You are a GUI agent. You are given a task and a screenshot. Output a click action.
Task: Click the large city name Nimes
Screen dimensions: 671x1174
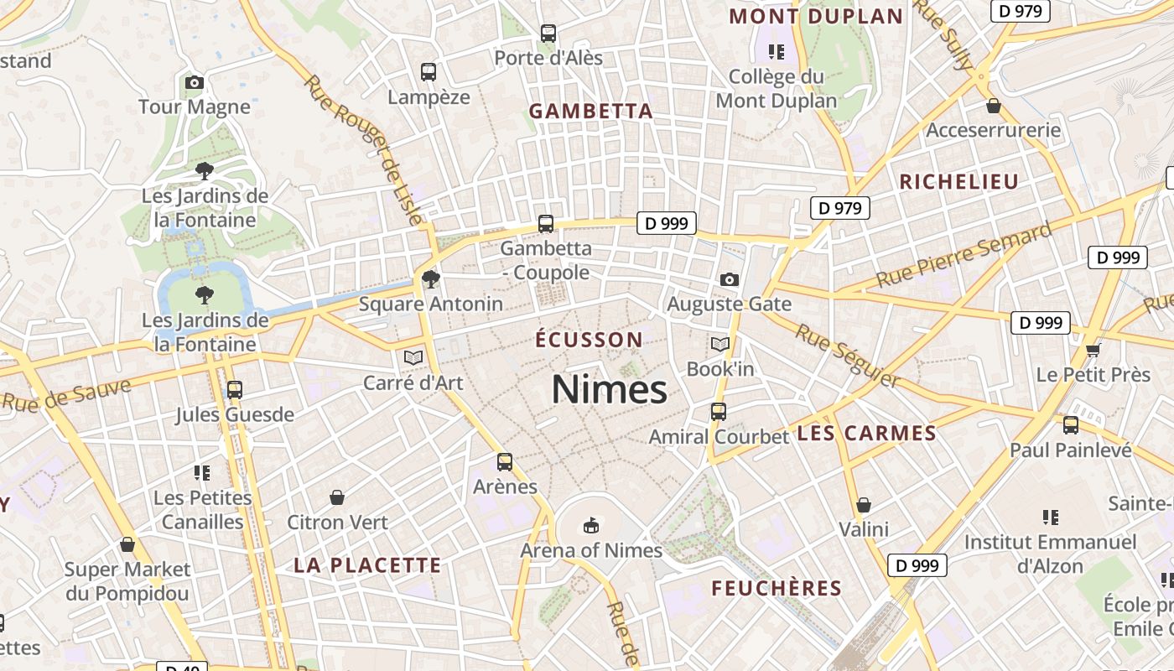click(x=610, y=390)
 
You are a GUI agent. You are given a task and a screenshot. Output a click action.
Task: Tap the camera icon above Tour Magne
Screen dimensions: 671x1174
click(x=195, y=82)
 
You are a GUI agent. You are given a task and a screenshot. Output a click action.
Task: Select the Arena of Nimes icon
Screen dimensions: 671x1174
click(x=591, y=526)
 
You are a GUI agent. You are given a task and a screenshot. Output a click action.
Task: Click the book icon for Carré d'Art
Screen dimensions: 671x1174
click(x=413, y=358)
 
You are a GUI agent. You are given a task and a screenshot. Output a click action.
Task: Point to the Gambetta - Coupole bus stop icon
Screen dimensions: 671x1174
click(x=546, y=224)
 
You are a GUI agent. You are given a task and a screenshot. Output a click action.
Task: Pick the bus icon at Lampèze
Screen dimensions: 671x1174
click(x=429, y=72)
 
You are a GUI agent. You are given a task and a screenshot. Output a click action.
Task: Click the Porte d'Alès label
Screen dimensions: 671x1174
click(x=548, y=58)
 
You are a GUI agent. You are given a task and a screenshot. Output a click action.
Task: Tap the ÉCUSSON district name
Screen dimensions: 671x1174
click(x=590, y=340)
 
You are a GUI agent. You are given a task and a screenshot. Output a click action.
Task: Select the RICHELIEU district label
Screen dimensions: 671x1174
click(x=959, y=182)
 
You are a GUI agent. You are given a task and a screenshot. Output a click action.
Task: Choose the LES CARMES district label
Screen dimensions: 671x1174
click(x=866, y=434)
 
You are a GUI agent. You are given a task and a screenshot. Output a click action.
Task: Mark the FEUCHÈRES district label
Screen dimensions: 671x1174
click(x=777, y=589)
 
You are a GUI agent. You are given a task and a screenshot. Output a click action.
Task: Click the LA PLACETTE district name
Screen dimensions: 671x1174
click(x=367, y=565)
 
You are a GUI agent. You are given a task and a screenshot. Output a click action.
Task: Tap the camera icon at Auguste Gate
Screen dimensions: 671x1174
click(x=730, y=279)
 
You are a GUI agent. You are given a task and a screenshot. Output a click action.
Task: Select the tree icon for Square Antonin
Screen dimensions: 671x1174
click(x=431, y=278)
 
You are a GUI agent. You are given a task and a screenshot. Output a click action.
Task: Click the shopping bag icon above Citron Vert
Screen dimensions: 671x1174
click(x=337, y=497)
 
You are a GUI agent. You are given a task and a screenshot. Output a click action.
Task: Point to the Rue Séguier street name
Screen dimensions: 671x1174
click(x=847, y=356)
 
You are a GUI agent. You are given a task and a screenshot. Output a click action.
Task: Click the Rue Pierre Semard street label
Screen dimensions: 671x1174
click(x=964, y=255)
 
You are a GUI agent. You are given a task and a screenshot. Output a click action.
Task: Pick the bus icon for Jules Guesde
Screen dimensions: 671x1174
click(x=235, y=390)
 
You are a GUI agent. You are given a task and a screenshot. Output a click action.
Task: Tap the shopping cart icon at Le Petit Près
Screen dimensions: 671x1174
click(x=1093, y=350)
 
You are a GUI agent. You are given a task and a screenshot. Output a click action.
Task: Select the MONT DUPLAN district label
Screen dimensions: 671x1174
click(x=816, y=16)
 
